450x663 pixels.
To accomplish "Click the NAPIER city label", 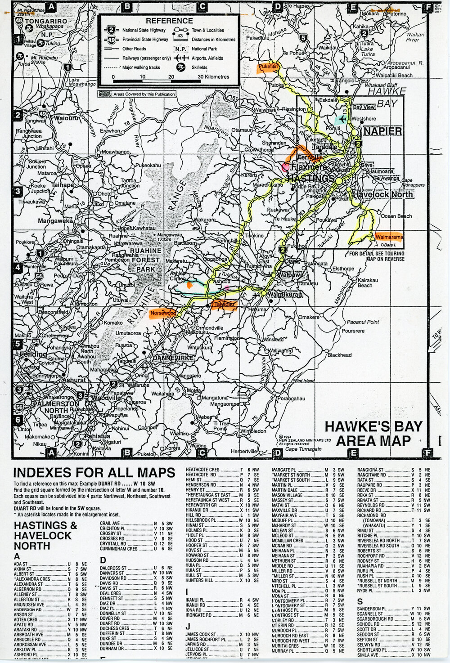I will tap(382, 131).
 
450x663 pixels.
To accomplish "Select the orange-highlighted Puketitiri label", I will tap(268, 67).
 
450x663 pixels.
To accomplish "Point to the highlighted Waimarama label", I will tap(389, 237).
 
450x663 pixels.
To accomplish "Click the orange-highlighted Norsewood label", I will tap(163, 313).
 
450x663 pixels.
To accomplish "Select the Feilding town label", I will tap(33, 354).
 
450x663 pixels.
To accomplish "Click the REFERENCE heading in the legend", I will tap(169, 21).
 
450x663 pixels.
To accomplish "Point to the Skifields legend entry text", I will tap(199, 67).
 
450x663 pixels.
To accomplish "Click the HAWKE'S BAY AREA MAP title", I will tap(373, 433).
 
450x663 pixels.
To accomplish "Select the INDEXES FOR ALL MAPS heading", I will tap(94, 473).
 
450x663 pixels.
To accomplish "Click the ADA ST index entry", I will tap(21, 564).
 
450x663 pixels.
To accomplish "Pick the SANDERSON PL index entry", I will tap(372, 609).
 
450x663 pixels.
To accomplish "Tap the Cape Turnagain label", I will tap(304, 449).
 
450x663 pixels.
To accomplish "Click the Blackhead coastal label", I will tap(339, 355).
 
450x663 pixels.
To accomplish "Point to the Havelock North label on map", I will tap(382, 195).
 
